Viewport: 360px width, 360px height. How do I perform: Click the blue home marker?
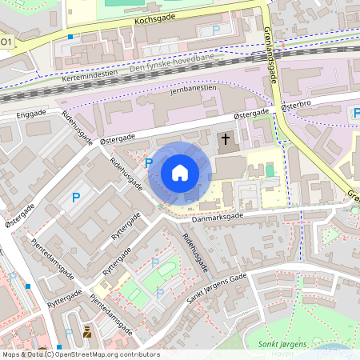coord(180,173)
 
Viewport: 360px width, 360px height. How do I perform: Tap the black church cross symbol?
coord(226,140)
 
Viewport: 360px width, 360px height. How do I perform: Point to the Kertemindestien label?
coord(89,74)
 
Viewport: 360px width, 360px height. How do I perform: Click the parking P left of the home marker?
coord(149,162)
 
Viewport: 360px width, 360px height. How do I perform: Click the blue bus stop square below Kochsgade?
coord(70,37)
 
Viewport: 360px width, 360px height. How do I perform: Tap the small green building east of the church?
coord(270,170)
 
